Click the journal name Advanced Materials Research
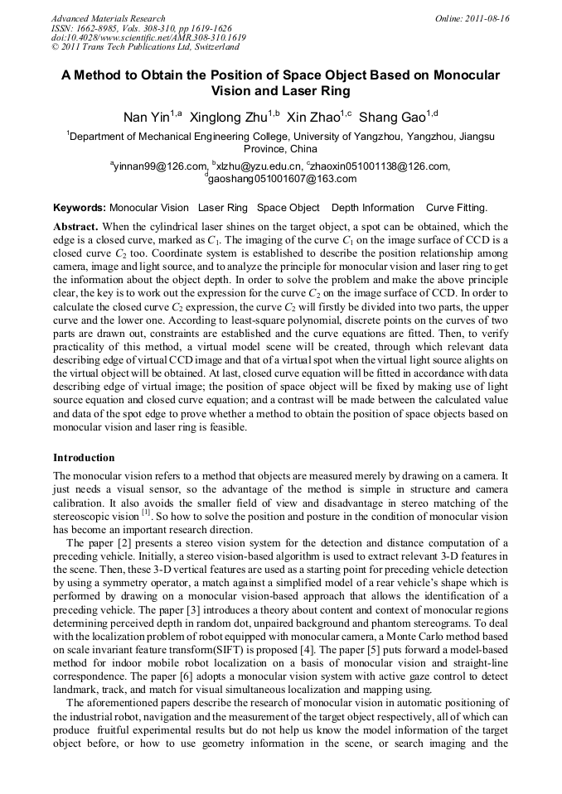pyautogui.click(x=108, y=18)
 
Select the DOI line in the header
pyautogui.click(x=148, y=38)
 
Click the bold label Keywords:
pyautogui.click(x=80, y=208)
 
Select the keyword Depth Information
pyautogui.click(x=372, y=208)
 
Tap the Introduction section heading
pyautogui.click(x=84, y=458)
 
